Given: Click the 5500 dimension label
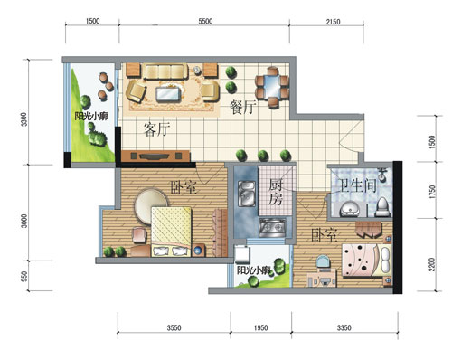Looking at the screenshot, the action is [205, 21].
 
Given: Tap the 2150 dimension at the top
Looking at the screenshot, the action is [333, 22].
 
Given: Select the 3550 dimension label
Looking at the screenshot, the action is [174, 327].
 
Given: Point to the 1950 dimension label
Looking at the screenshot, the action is [260, 327].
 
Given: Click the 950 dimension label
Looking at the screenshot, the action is [24, 276].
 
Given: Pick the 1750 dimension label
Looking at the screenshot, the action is [432, 192].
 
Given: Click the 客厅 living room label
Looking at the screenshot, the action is [156, 129].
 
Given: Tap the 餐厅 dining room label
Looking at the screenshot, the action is [243, 107].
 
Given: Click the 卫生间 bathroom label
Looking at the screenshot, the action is [356, 185].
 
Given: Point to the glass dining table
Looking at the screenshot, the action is [272, 87].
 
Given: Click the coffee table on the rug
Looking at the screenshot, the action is [168, 93].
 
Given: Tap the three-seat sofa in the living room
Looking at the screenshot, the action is [165, 71].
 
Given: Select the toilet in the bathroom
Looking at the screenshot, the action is [382, 207].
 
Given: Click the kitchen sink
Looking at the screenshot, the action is [247, 194].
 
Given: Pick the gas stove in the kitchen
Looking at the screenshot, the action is [272, 228].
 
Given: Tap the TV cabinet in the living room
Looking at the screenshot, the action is [155, 156].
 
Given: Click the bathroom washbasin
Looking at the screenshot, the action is [350, 209].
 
